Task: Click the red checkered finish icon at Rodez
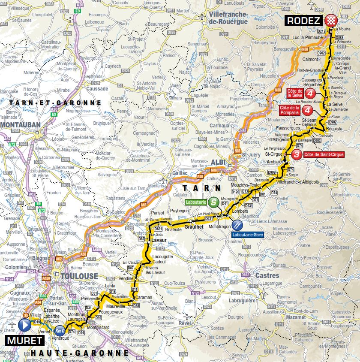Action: point(330,20)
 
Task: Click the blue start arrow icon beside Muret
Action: point(24,326)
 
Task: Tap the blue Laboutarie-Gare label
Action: point(246,235)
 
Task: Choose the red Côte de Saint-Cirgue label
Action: point(324,154)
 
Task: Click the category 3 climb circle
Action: point(297,154)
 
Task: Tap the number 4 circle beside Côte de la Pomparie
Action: point(307,111)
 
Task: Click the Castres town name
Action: point(267,275)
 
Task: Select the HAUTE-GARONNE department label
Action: point(79,353)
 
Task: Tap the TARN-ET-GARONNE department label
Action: point(55,103)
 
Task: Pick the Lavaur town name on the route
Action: point(159,241)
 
